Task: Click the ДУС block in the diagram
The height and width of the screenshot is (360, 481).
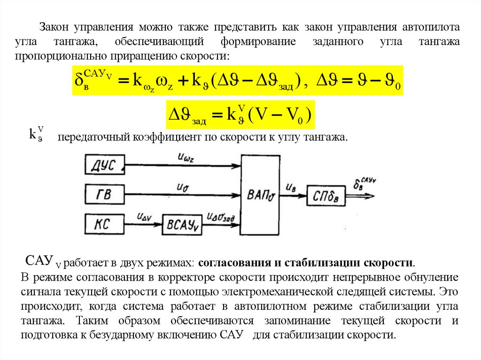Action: (104, 165)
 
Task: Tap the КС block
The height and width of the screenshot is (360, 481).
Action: (104, 223)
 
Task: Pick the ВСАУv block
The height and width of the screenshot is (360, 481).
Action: (181, 226)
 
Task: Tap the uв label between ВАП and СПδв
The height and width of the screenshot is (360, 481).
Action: (291, 187)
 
